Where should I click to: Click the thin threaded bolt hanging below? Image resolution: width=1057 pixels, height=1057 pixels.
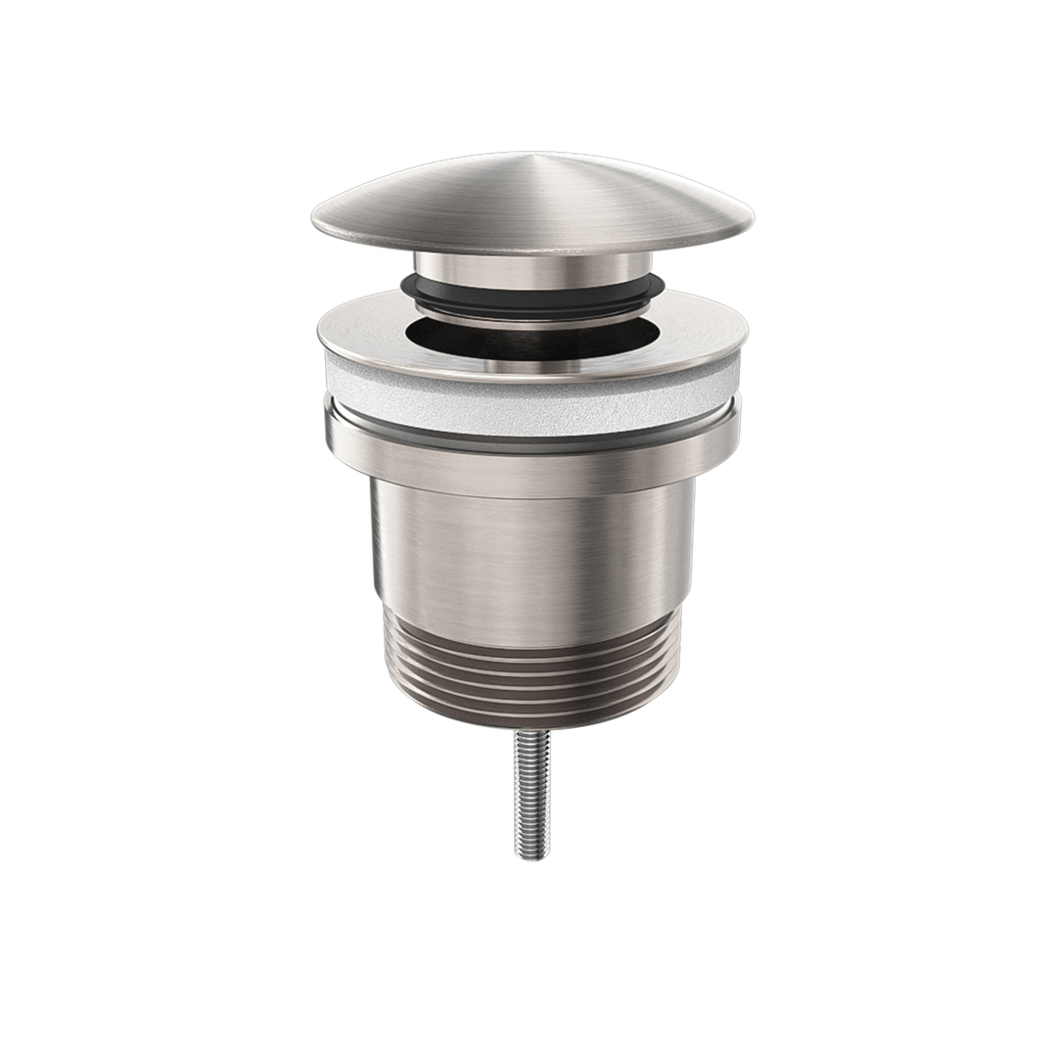coord(532,793)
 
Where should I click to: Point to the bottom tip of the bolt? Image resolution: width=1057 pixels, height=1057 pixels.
coord(532,856)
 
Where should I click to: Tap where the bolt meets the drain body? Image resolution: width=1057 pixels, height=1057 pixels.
coord(532,733)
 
